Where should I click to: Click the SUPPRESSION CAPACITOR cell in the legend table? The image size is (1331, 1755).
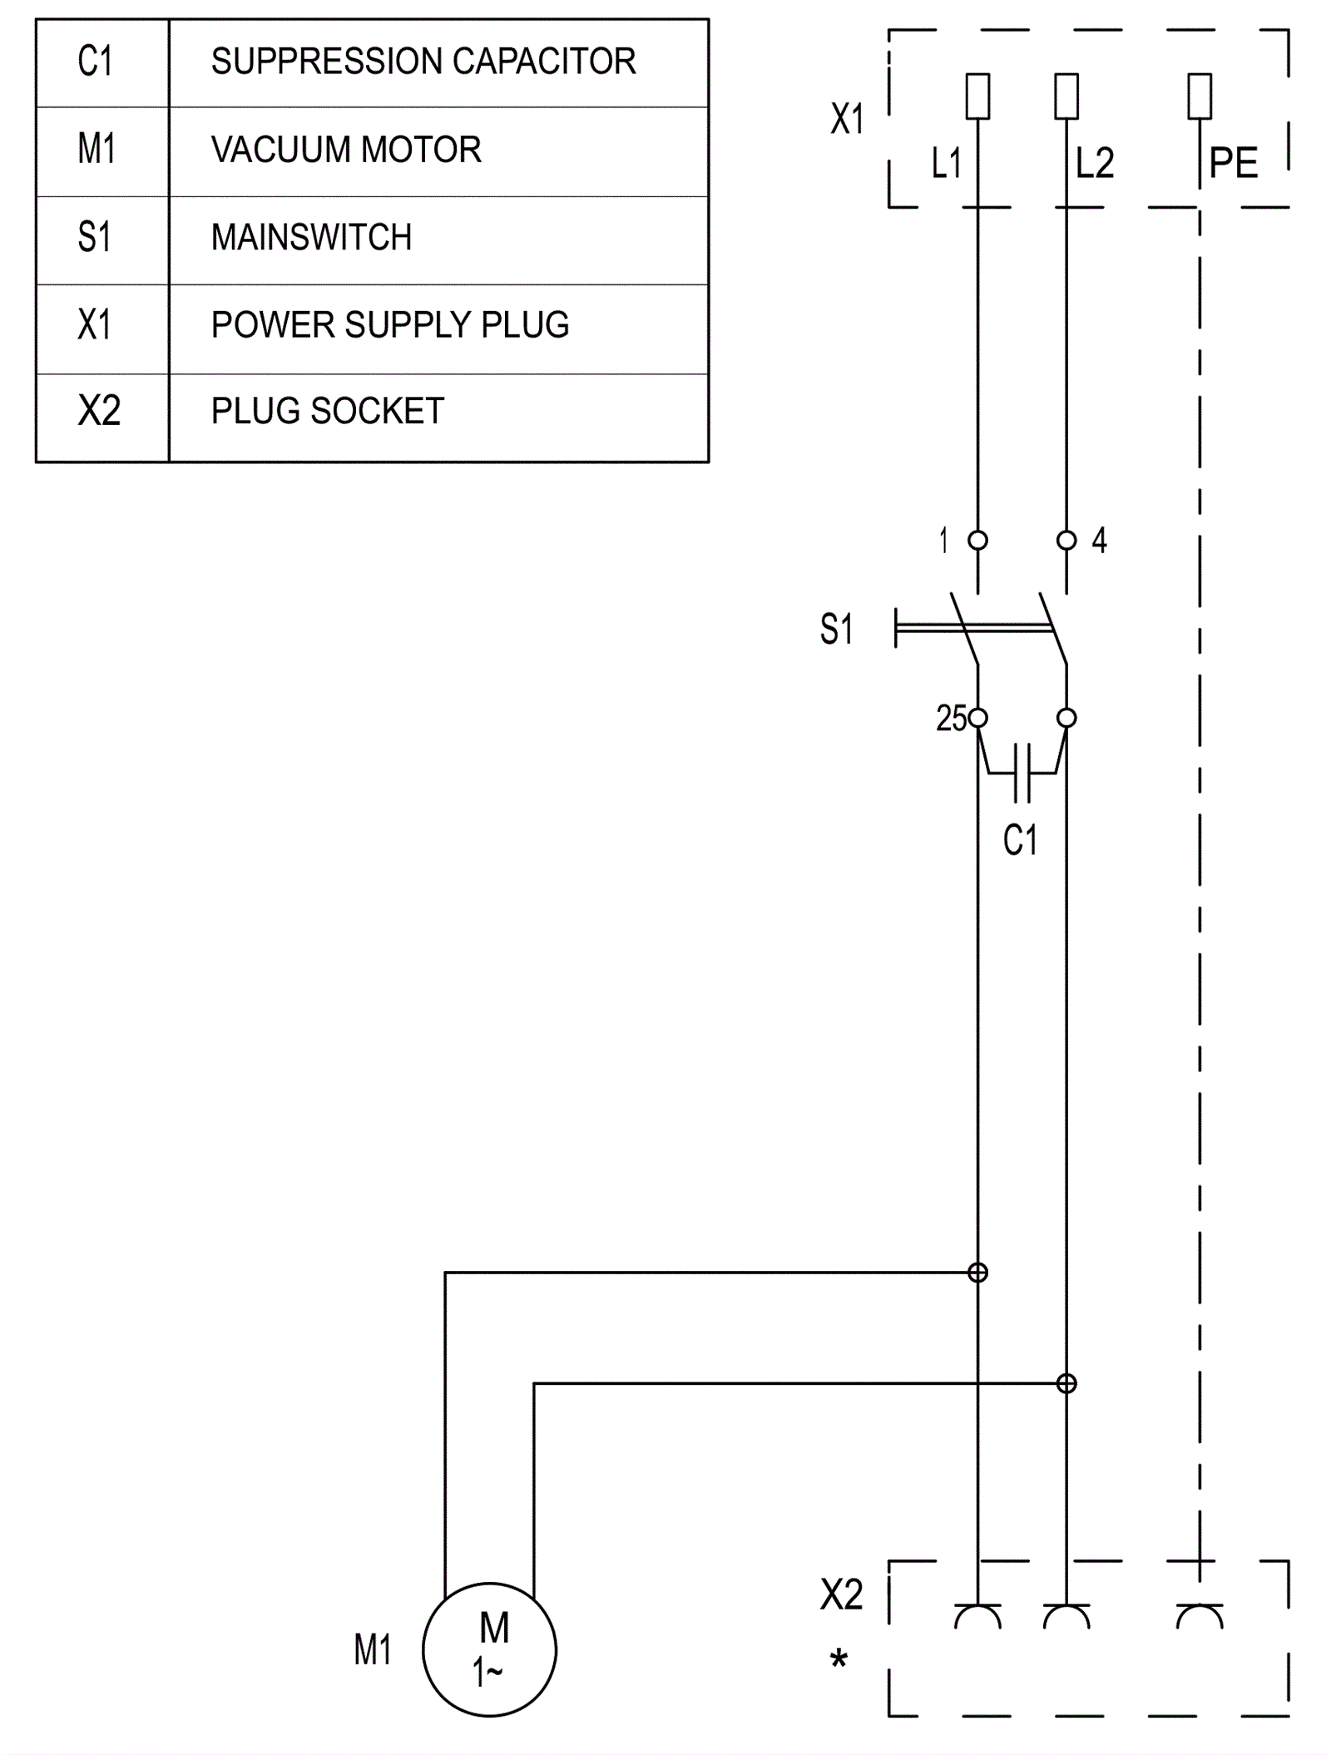point(423,62)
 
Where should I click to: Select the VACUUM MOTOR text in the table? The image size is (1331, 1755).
point(346,151)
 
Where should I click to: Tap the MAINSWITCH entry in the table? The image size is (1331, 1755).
point(311,238)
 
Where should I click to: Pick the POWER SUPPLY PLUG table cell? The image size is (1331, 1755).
point(389,325)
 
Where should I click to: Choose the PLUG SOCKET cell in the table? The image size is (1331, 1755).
point(327,412)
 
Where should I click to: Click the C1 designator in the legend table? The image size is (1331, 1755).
point(95,62)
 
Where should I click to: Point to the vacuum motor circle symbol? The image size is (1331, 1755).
point(489,1649)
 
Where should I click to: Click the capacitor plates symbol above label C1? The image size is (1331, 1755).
point(1022,774)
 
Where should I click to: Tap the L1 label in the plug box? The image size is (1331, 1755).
point(946,164)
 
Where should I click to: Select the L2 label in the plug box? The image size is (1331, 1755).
point(1094,164)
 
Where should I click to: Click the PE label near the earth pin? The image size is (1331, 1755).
point(1233,164)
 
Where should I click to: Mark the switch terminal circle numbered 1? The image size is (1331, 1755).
point(978,541)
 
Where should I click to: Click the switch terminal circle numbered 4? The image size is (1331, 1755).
point(1066,541)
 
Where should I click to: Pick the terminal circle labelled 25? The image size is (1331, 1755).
point(978,718)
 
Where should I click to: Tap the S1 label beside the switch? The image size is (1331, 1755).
point(836,630)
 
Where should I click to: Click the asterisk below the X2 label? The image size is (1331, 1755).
point(839,1660)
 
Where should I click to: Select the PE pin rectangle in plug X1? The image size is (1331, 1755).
point(1200,96)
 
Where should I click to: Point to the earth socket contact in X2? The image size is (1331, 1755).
point(1200,1615)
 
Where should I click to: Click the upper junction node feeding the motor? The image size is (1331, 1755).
point(978,1273)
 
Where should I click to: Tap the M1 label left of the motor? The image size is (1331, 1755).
point(372,1649)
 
